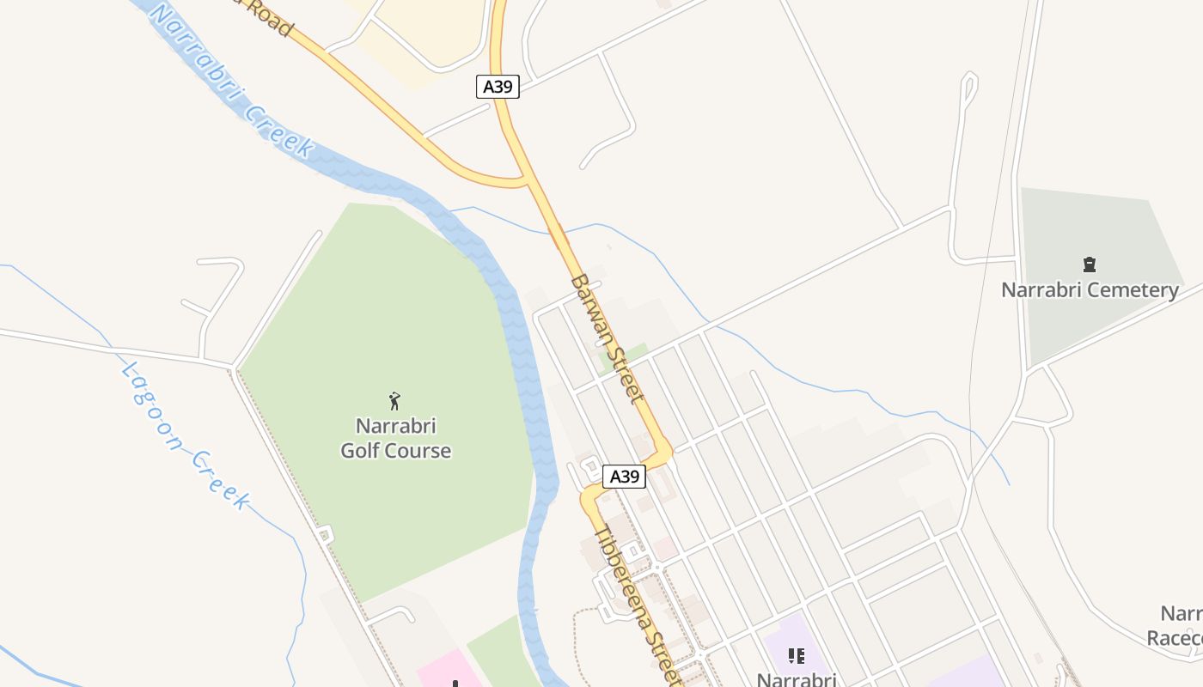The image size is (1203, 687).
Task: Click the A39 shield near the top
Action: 498,87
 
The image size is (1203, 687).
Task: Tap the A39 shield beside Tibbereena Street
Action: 624,477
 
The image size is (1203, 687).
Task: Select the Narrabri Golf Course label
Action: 395,438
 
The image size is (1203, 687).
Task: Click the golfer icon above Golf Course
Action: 394,400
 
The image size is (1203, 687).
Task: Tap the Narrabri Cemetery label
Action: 1089,289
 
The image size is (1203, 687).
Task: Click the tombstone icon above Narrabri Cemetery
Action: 1090,264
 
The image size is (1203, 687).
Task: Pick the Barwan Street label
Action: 607,338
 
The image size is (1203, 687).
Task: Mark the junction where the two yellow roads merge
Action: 525,180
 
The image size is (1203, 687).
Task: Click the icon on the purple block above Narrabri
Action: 797,656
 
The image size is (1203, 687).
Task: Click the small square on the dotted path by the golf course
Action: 324,535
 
